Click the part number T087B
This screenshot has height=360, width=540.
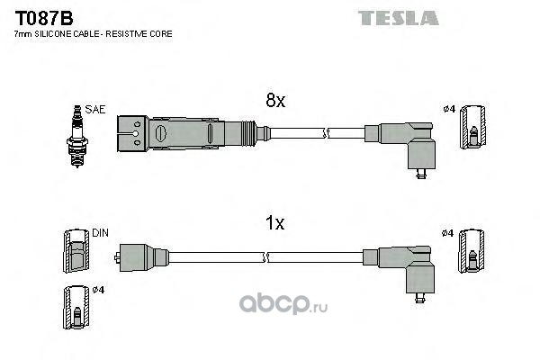(44, 18)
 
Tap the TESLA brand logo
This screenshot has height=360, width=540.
(398, 18)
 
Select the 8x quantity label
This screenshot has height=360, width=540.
(275, 100)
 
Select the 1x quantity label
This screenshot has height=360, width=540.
(274, 223)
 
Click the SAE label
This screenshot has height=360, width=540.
(95, 110)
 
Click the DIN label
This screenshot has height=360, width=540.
(100, 233)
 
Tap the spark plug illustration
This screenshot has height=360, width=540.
(77, 137)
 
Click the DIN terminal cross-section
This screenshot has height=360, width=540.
(76, 251)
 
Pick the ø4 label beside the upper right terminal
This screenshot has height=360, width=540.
(449, 109)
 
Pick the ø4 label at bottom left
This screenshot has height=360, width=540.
(98, 290)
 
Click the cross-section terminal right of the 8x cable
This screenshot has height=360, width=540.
(473, 127)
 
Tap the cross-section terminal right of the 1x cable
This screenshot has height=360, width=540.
(471, 250)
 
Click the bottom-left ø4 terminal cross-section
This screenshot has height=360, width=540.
(76, 307)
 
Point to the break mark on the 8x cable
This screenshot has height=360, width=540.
(326, 133)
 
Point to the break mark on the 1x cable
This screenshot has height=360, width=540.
(265, 257)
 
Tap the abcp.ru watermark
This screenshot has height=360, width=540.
(283, 304)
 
